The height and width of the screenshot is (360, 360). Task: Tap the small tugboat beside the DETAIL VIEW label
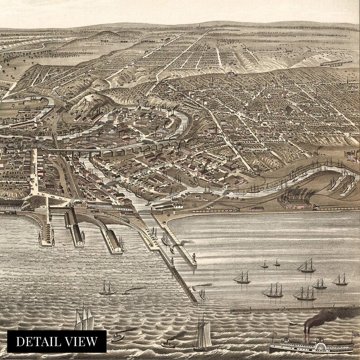click(x=117, y=337)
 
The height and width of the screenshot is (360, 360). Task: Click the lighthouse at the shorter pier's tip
click(x=195, y=258)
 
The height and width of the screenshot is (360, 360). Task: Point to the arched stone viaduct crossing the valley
click(x=136, y=150)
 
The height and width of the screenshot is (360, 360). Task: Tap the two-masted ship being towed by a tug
click(x=108, y=288)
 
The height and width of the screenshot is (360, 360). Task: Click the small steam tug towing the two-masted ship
click(x=126, y=292)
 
